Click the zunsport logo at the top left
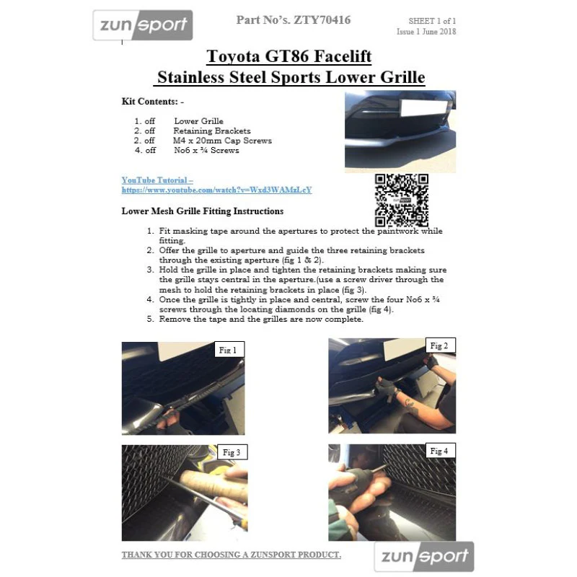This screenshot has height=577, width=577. coord(143,25)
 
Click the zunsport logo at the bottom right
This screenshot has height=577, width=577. coord(424,556)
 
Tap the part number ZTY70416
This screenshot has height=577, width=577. coord(322,20)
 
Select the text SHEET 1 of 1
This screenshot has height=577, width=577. coord(432,21)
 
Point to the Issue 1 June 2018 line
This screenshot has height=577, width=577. coord(426,32)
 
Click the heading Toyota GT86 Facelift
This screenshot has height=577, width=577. coord(289,56)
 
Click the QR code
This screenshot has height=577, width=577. coord(402,201)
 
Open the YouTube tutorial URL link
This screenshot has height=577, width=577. coord(217,190)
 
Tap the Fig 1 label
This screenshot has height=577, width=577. coord(228,350)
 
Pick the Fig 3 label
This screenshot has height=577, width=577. coord(232,452)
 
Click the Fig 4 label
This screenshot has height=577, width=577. coord(439,451)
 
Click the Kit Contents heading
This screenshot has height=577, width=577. coord(153,102)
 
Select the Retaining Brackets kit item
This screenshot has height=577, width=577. coord(212,131)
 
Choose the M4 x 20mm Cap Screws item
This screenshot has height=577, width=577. coord(222,141)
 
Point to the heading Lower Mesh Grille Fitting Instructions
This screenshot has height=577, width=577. coord(203,211)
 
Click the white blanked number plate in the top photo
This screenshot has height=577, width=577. coord(423,107)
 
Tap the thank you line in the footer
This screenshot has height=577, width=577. coord(232,555)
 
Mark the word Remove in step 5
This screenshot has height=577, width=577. coord(173,319)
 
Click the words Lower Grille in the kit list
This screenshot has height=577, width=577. coord(199,121)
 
